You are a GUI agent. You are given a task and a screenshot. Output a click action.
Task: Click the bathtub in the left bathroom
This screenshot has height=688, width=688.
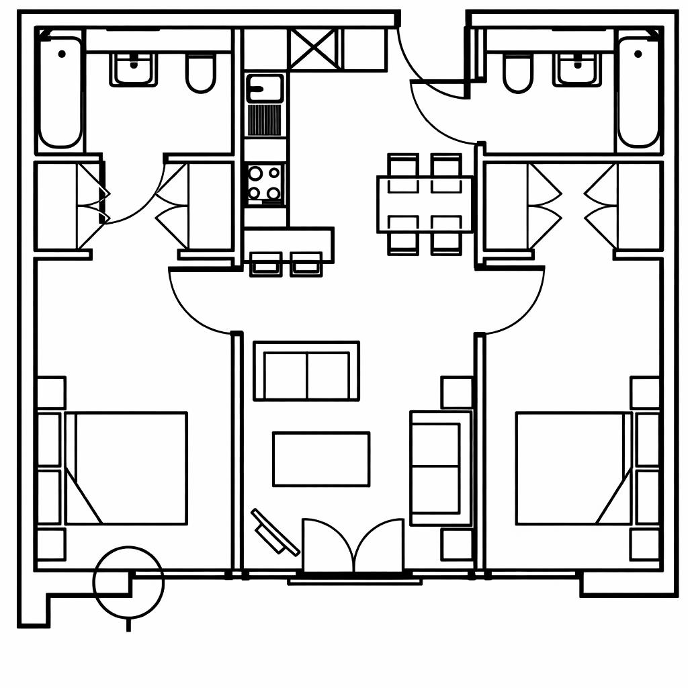click(x=60, y=92)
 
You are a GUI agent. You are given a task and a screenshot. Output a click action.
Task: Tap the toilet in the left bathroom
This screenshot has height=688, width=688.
click(x=200, y=73)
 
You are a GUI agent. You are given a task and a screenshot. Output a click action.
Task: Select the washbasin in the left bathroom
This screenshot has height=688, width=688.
click(x=134, y=69)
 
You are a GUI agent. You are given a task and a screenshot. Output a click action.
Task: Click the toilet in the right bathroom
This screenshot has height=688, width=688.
click(x=517, y=73)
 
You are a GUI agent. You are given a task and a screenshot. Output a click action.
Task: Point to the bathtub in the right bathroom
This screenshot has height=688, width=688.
click(x=638, y=92)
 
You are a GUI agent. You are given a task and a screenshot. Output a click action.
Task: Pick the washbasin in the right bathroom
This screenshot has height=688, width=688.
click(x=577, y=69)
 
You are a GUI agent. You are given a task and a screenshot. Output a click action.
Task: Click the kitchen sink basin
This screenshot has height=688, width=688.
click(x=265, y=88)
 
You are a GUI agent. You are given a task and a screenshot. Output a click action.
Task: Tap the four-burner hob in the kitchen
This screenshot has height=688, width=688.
click(x=265, y=183)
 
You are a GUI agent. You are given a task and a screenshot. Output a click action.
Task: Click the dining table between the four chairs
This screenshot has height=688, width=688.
click(x=425, y=204)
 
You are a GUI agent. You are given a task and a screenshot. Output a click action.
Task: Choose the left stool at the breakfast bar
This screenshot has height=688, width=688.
click(x=265, y=264)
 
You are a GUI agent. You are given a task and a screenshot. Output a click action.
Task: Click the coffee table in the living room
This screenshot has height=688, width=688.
click(x=321, y=459)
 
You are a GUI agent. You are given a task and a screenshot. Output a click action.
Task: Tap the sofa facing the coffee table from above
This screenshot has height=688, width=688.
click(x=306, y=372)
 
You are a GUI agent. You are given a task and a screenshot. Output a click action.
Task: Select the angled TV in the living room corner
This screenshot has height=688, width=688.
click(x=275, y=532)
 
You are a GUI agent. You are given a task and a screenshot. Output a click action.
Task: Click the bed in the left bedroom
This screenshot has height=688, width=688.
click(x=126, y=468)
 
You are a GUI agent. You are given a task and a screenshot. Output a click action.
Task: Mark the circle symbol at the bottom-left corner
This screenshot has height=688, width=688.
click(x=128, y=582)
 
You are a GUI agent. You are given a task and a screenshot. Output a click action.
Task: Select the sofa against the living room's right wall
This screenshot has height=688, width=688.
click(x=439, y=468)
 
